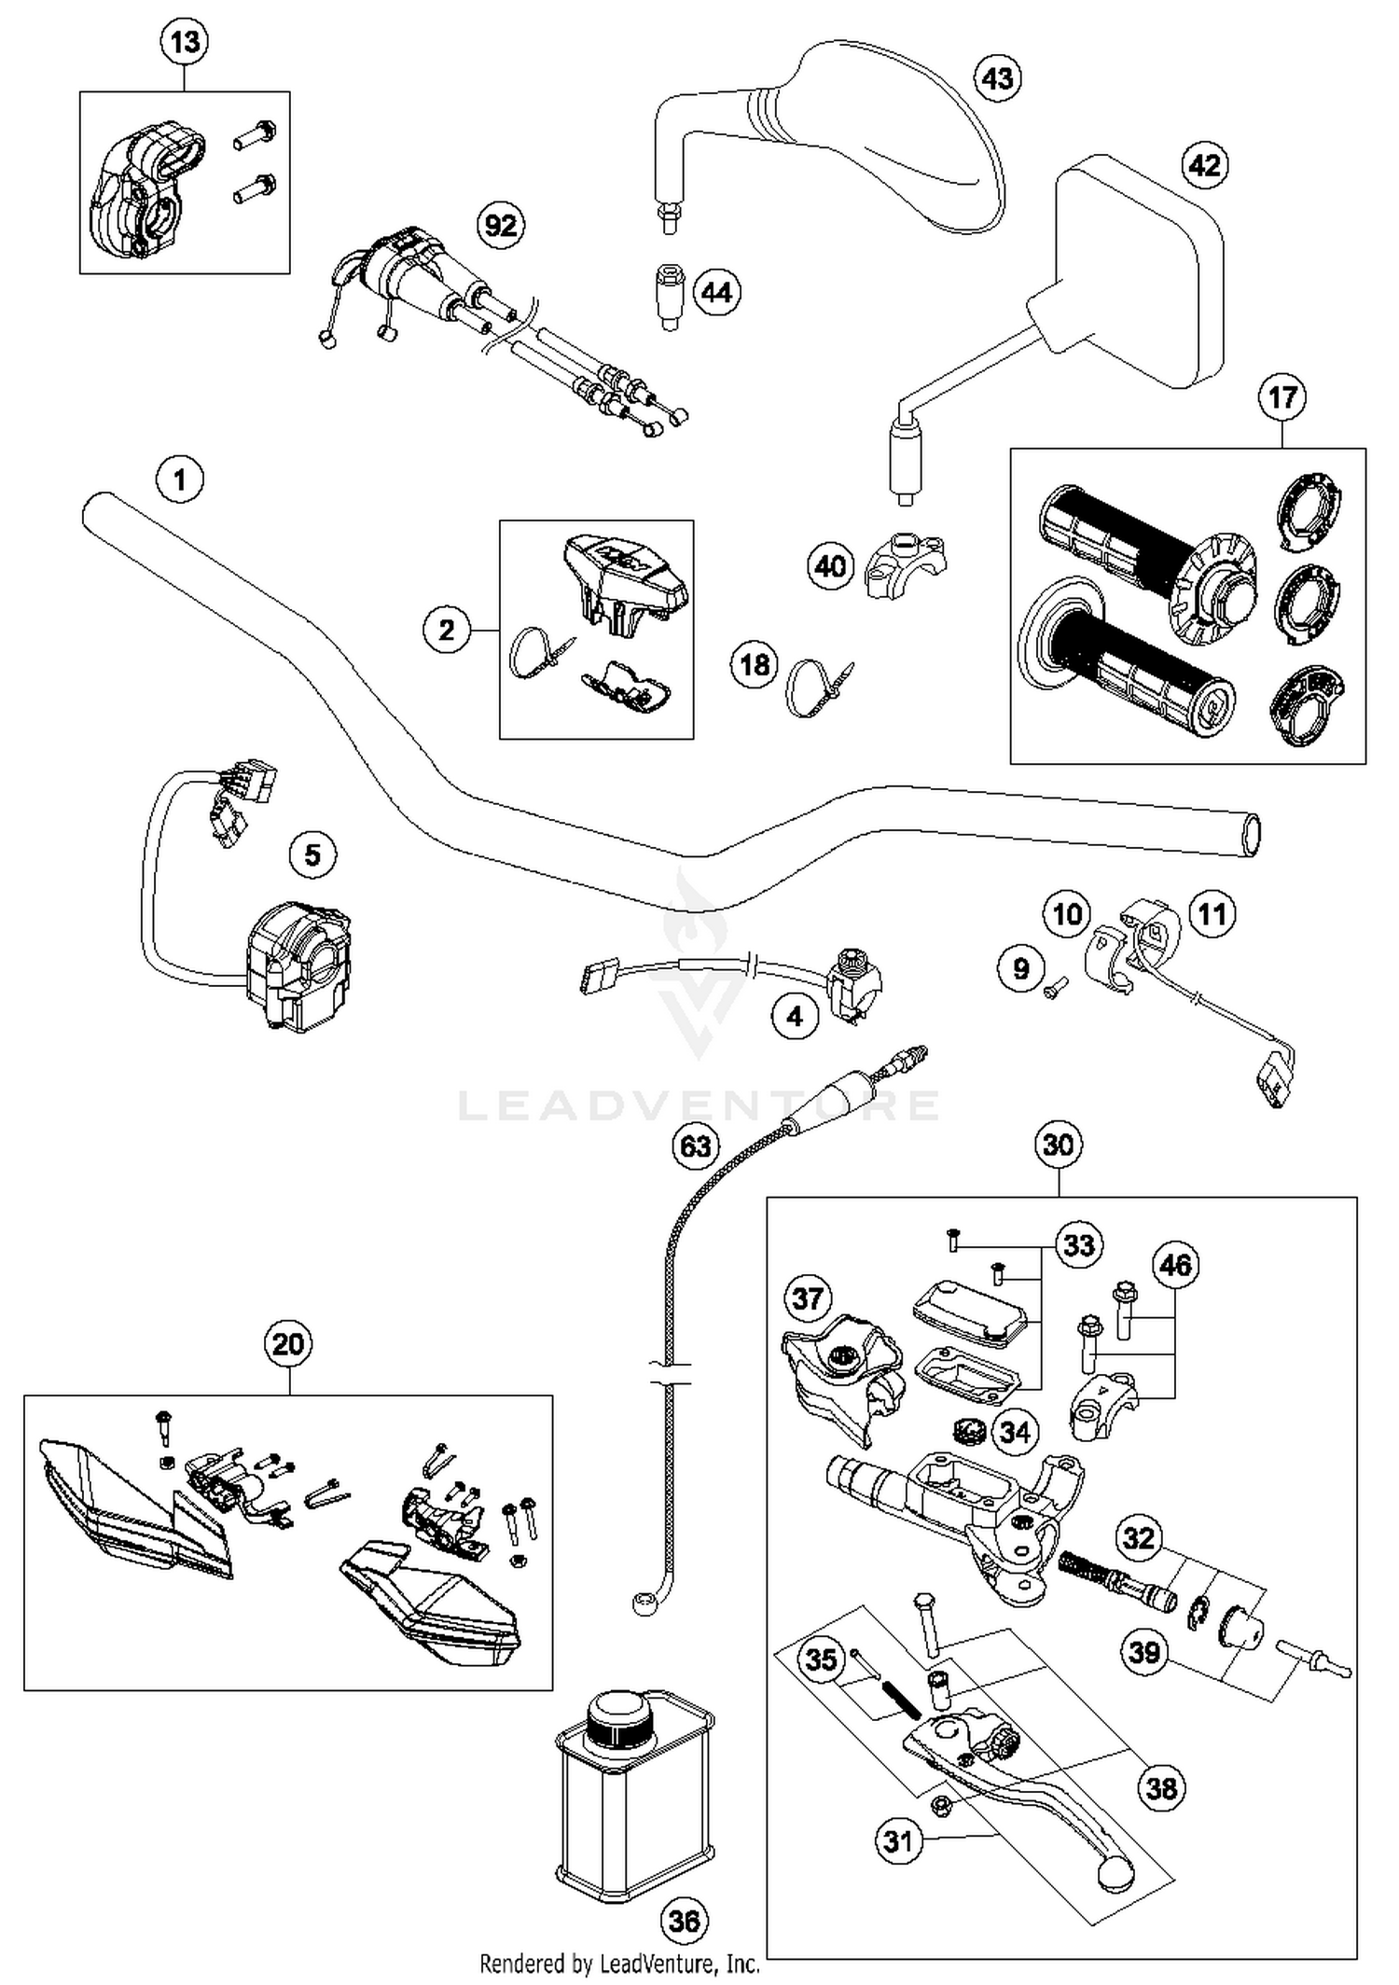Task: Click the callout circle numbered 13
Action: coord(185,42)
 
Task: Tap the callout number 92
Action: coord(501,225)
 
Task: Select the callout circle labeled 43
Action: coord(997,77)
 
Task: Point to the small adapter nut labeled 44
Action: coord(668,293)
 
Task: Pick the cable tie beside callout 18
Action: coord(815,687)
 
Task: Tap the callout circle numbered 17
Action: coord(1281,397)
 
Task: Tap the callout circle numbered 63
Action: coord(696,1145)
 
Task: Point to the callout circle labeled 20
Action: coord(288,1344)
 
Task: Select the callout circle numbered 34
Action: coord(1015,1431)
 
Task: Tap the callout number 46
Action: coord(1174,1265)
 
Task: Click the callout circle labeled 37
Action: coord(808,1298)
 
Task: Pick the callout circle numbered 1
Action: coord(180,480)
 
